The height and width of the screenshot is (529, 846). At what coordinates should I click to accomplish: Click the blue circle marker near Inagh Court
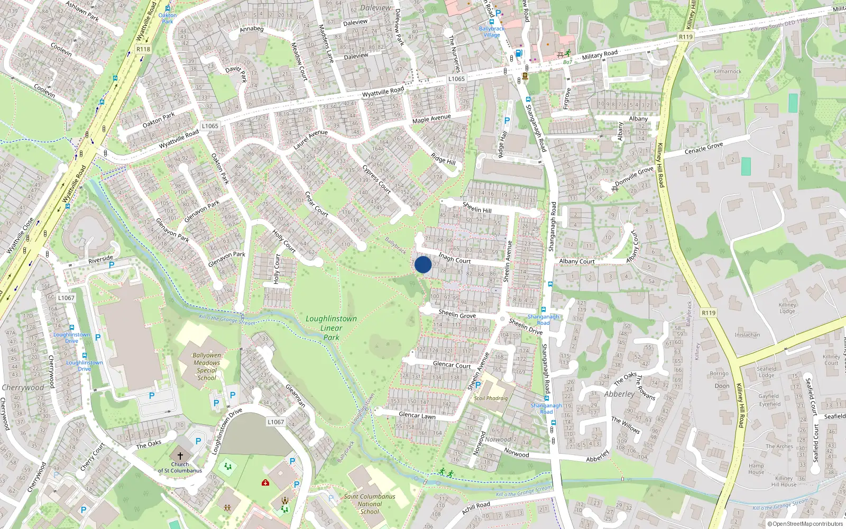[423, 264]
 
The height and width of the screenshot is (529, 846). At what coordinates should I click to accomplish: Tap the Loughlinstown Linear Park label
[332, 328]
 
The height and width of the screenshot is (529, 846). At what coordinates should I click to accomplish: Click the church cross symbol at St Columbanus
[180, 455]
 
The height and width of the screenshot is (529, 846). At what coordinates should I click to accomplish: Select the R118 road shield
[143, 49]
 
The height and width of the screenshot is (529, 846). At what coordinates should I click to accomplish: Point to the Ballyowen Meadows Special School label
[207, 367]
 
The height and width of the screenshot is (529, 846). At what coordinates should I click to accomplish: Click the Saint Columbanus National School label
[370, 504]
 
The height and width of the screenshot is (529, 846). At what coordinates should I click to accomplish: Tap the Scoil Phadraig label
[491, 398]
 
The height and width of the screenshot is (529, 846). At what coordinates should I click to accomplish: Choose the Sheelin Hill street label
[477, 207]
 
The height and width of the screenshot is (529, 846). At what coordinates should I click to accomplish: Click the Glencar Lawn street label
[417, 415]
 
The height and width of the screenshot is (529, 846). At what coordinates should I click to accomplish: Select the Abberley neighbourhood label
[619, 394]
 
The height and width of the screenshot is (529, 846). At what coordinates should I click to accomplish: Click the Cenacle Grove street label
[704, 148]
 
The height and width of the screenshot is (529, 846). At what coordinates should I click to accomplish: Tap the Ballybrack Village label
[492, 32]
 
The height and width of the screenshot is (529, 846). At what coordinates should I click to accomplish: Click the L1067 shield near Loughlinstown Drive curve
[275, 422]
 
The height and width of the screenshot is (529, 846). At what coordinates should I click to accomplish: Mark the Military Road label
[600, 55]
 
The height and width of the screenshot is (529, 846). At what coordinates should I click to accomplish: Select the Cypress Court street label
[376, 179]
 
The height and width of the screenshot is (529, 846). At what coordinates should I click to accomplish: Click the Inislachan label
[747, 335]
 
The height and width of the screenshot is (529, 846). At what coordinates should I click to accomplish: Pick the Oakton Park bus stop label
[168, 18]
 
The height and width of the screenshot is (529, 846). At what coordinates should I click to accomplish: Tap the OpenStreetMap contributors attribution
[805, 524]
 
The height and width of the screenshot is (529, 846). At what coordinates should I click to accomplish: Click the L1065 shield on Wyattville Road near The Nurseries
[456, 79]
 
